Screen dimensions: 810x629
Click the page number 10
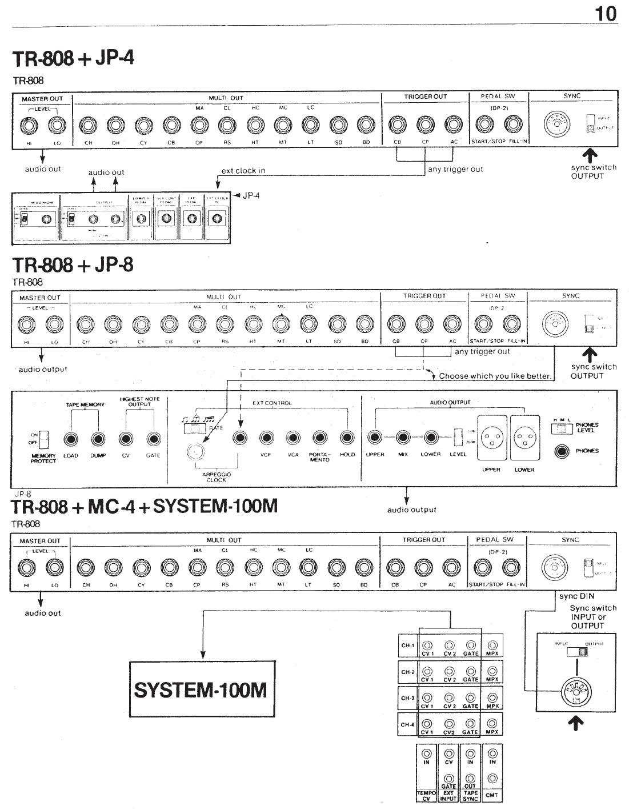[606, 13]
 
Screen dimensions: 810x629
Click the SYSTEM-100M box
[201, 689]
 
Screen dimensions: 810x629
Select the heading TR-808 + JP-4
[73, 58]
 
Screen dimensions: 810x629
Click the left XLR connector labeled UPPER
[491, 439]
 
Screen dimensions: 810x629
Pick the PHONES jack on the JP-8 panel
[563, 451]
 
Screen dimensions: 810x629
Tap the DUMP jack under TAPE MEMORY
[98, 439]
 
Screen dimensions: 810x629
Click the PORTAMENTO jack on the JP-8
[320, 438]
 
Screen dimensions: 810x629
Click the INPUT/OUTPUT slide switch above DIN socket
[576, 652]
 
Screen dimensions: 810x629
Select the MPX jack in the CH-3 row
[492, 697]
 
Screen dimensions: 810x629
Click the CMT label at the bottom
[492, 795]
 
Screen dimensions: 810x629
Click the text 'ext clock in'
[243, 170]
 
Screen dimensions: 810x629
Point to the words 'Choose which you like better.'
[495, 376]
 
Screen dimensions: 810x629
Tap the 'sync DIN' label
[576, 596]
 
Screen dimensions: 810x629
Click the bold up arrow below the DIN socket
[576, 724]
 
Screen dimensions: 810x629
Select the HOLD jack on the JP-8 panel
[347, 438]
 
